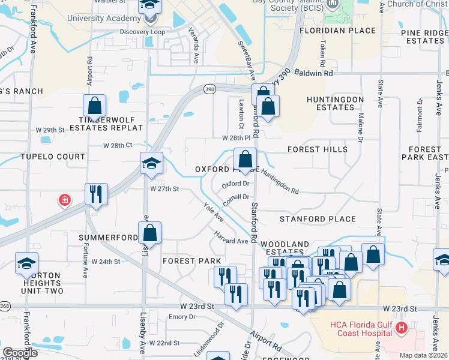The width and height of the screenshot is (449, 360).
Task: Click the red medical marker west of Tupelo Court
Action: pos(64,200)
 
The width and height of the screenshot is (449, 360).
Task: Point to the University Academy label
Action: pos(104,18)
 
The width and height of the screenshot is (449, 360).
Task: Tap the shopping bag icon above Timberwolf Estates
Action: pos(95,106)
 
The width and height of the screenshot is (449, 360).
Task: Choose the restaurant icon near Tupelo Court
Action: pos(96,194)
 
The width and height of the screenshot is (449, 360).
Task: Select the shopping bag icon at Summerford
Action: pos(150,233)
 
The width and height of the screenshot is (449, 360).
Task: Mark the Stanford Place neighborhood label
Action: pos(318,219)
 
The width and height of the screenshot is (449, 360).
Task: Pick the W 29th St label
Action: pos(50,130)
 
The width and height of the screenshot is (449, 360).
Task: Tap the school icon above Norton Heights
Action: pos(26,263)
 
